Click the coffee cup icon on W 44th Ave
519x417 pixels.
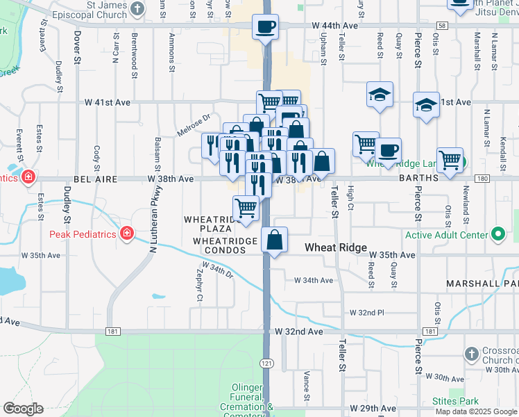[266, 27]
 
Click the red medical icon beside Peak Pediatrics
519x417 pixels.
[127, 233]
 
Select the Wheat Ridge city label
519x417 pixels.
[337, 247]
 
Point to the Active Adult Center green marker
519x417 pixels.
[498, 234]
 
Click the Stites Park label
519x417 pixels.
[463, 401]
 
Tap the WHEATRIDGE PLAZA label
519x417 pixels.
[207, 224]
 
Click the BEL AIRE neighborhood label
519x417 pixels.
[92, 179]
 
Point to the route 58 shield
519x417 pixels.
[443, 26]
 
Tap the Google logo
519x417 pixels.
[23, 409]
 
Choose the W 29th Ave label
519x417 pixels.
[373, 408]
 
